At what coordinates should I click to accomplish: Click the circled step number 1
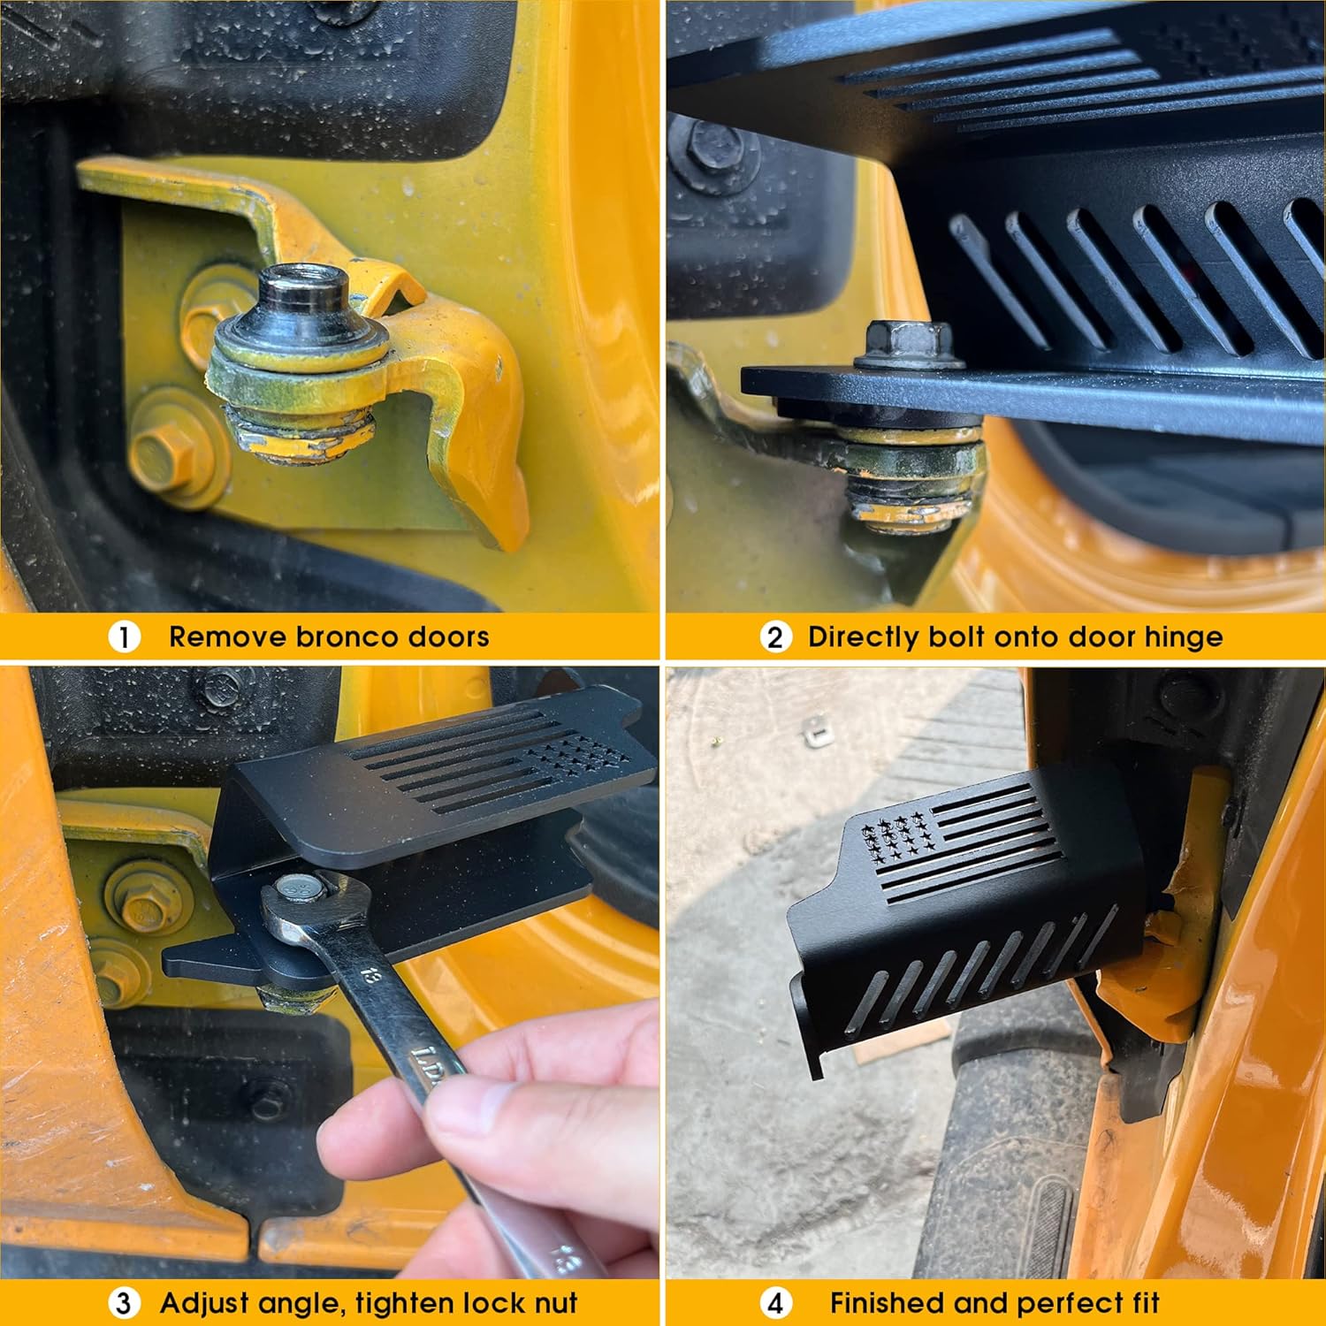pyautogui.click(x=124, y=636)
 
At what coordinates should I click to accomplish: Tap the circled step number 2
pyautogui.click(x=775, y=636)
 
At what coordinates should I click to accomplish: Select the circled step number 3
pyautogui.click(x=124, y=1303)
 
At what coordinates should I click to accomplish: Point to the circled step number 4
pyautogui.click(x=775, y=1303)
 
